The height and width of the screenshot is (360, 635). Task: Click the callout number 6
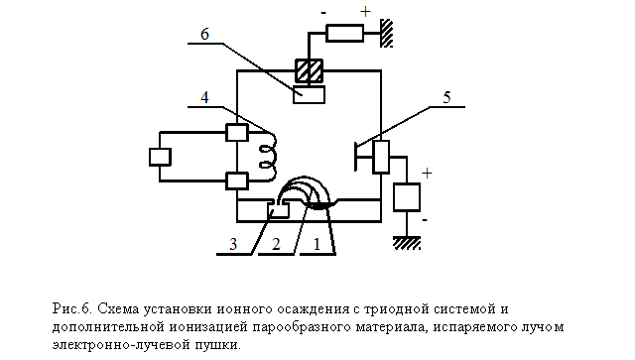point(205,35)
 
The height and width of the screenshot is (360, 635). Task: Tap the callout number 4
point(204,97)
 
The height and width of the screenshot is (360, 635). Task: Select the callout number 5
point(446,97)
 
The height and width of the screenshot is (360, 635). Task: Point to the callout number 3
point(233,244)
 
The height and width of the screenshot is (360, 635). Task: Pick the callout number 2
point(276,244)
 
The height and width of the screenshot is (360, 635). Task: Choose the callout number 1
point(317,244)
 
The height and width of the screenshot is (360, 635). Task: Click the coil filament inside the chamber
point(269,156)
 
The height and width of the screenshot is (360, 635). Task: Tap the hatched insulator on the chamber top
point(309,70)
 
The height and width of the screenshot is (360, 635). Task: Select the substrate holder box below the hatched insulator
point(309,94)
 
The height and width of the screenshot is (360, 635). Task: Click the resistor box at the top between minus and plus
point(344,33)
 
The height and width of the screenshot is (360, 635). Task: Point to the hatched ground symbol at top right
point(387,33)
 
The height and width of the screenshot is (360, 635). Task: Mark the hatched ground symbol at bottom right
point(407,243)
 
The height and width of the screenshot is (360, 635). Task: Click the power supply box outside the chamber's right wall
point(407,197)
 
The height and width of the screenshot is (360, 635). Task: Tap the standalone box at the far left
point(160,157)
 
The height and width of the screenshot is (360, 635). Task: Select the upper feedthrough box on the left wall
point(237,133)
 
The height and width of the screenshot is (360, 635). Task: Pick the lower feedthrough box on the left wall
point(237,181)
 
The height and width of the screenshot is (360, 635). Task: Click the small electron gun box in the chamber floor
point(279,210)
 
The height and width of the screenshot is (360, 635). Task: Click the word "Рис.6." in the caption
point(72,309)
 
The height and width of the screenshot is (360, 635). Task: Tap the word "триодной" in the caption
point(397,309)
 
